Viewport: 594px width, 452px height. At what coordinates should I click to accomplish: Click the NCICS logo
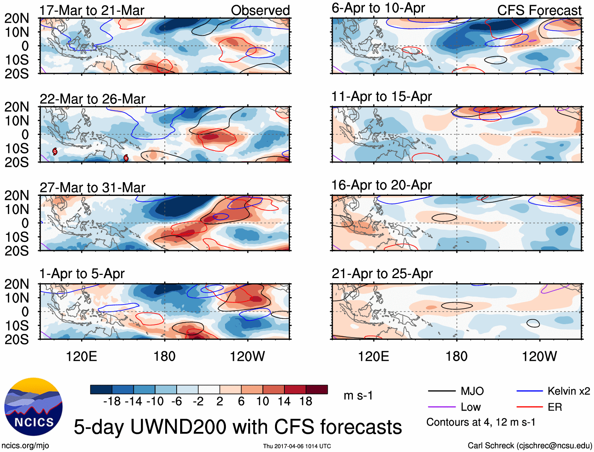tap(33, 407)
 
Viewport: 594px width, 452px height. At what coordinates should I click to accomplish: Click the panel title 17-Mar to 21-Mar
tap(92, 11)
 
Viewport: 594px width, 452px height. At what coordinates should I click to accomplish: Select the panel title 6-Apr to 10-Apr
tap(378, 8)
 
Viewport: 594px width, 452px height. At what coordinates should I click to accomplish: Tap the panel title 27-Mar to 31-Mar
tap(92, 188)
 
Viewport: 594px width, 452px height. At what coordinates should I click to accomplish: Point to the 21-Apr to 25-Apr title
tap(382, 274)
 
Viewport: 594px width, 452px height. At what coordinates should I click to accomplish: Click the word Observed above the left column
tap(260, 11)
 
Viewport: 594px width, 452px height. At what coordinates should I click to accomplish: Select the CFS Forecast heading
tap(539, 11)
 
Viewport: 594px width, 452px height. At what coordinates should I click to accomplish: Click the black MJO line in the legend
tap(442, 391)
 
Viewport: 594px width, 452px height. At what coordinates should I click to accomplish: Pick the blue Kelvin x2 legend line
tap(529, 391)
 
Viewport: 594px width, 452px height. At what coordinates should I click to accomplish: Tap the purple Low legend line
tap(442, 407)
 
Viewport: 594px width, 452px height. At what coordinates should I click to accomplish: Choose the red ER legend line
tap(529, 407)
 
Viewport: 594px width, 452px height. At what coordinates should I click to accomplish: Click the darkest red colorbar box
tap(317, 389)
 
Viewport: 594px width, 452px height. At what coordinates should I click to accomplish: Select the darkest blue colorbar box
tap(101, 389)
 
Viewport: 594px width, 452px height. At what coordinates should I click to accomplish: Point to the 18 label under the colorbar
tap(306, 402)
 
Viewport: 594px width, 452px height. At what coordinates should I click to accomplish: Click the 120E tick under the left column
tap(81, 357)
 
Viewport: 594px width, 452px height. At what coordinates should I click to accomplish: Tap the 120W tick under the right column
tap(539, 357)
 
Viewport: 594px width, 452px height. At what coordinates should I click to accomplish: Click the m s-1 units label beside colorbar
tap(358, 396)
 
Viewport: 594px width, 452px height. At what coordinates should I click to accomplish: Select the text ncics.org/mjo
tap(25, 446)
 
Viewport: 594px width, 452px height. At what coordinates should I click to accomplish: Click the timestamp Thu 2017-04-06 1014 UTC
tap(297, 446)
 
